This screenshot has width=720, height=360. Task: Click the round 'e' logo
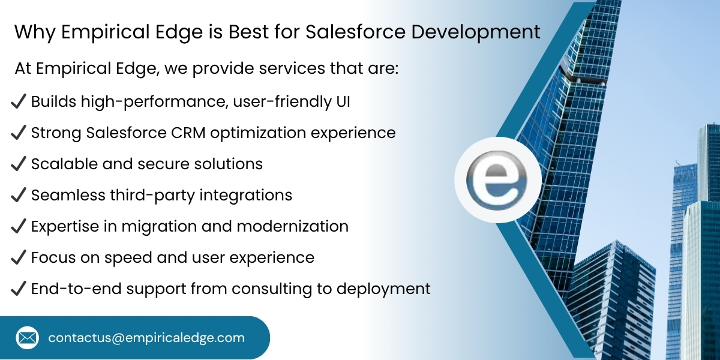point(497,179)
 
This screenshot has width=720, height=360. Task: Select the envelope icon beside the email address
point(27,338)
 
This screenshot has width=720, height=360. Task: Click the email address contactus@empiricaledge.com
point(146,338)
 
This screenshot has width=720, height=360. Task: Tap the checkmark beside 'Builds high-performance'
point(18,101)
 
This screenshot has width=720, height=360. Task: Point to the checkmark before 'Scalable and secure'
point(18,164)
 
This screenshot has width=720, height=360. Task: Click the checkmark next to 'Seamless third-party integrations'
point(18,195)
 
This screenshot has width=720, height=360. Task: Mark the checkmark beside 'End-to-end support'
point(18,289)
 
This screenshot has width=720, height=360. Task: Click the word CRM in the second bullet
point(191,133)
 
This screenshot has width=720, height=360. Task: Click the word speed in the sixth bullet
point(122,258)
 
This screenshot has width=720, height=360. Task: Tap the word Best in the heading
point(245,32)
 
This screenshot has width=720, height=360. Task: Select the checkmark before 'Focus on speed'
point(18,257)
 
